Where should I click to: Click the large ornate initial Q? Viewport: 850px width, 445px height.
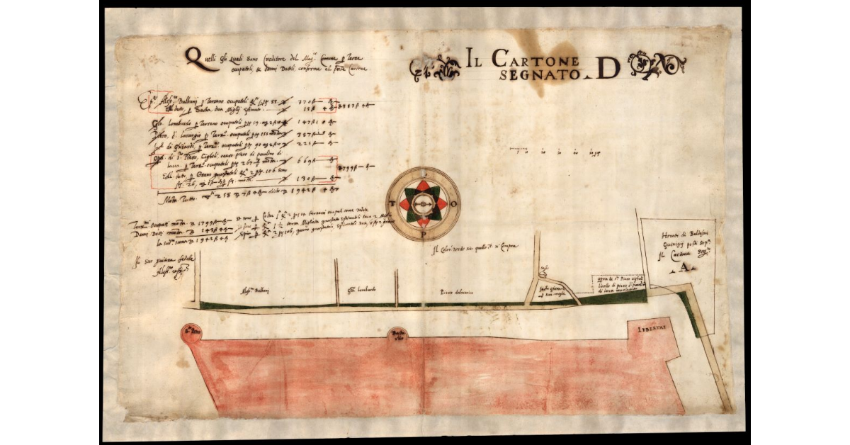(192, 57)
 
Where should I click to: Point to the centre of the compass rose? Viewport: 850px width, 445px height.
(421, 204)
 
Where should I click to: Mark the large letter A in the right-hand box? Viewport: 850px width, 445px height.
(684, 266)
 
